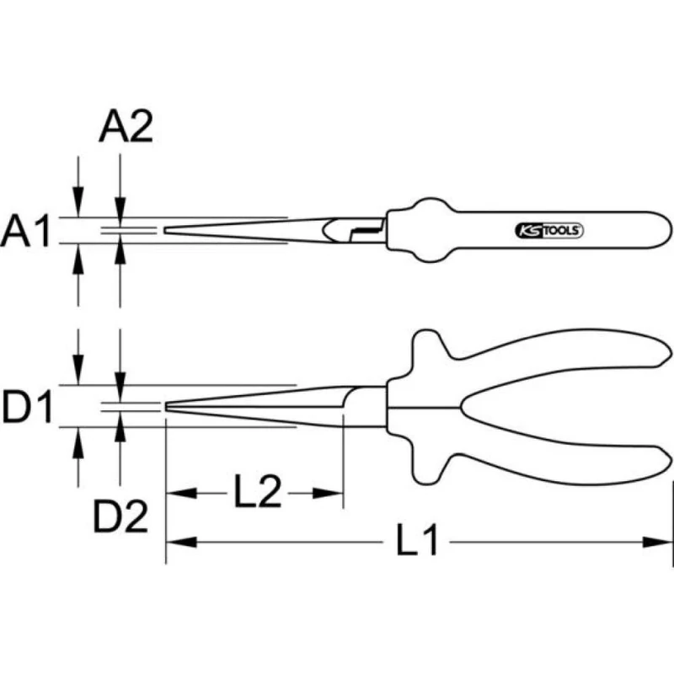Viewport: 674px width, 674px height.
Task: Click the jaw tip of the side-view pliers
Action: point(168,407)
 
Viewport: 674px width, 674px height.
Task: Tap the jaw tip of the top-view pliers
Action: point(167,230)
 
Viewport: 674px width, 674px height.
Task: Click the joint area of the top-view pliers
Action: point(358,230)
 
